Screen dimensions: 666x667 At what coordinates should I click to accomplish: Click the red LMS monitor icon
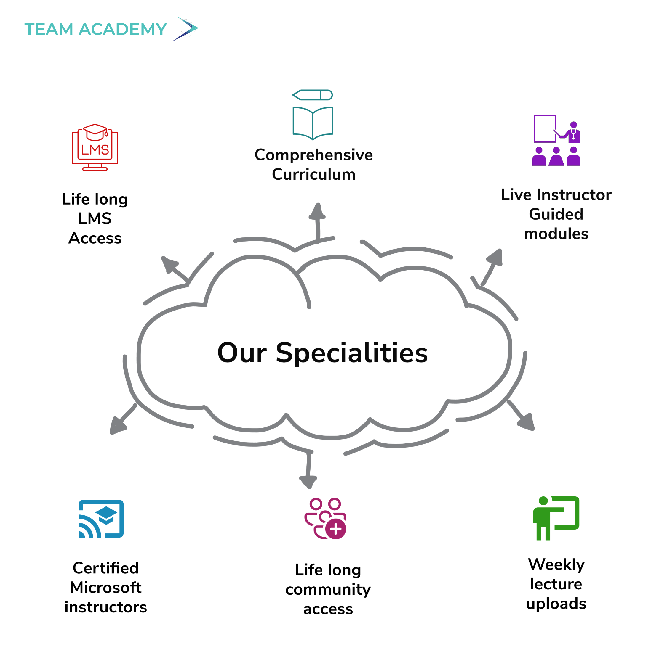(95, 148)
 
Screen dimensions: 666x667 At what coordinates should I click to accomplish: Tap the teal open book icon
(313, 123)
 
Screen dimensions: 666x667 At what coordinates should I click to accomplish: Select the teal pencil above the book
(313, 95)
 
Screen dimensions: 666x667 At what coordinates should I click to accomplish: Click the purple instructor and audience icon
(556, 140)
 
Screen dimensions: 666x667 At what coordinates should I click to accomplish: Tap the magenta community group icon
(325, 518)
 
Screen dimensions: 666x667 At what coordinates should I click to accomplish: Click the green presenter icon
(556, 518)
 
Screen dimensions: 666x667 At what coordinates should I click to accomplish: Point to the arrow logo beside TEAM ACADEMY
(186, 29)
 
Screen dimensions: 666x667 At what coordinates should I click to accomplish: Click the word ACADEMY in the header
(123, 29)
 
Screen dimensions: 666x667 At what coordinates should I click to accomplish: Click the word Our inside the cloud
(242, 353)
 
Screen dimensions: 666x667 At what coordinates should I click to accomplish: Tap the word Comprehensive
(313, 155)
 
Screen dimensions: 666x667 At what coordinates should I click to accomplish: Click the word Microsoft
(106, 588)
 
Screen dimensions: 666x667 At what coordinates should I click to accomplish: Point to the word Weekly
(556, 564)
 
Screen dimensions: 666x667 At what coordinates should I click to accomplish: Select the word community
(328, 589)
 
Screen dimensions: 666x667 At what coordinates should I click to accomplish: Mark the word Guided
(556, 214)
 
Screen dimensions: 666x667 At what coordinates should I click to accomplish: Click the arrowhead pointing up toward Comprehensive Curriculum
(318, 211)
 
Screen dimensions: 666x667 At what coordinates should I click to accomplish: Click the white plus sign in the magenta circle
(335, 529)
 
